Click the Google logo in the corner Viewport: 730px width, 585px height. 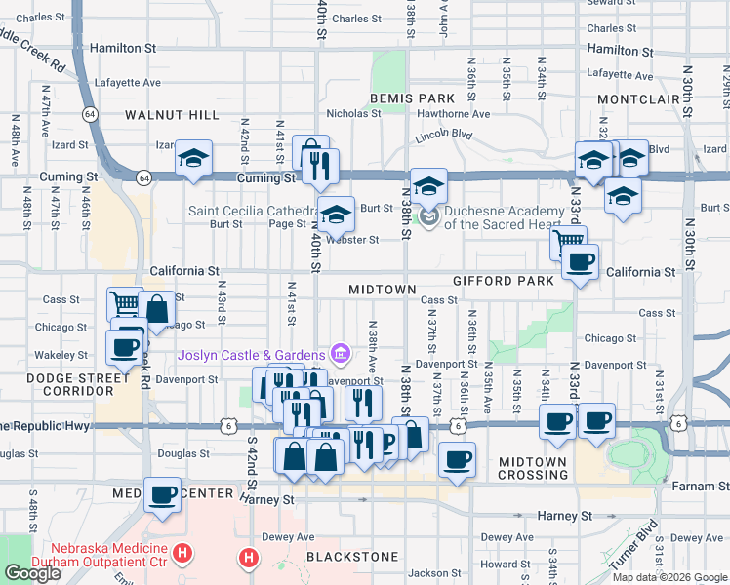(x=32, y=573)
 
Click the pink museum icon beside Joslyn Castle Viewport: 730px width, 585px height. (x=340, y=352)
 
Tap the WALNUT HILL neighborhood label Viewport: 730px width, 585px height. (x=172, y=115)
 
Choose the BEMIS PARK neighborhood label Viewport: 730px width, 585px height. (x=412, y=98)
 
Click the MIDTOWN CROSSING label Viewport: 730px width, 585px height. (x=532, y=468)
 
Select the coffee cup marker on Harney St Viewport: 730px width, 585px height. (x=162, y=493)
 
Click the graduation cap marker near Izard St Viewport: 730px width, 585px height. (x=193, y=157)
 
